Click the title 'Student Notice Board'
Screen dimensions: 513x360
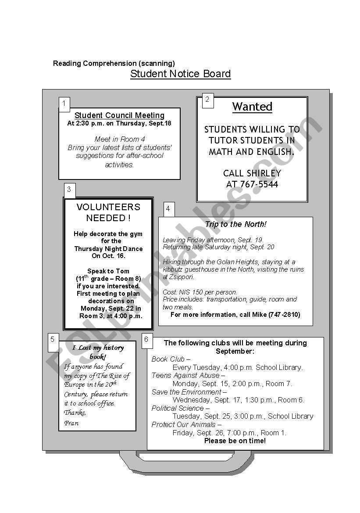180,74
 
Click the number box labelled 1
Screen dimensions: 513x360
64,104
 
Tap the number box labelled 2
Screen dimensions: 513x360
207,100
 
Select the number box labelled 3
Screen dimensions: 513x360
69,190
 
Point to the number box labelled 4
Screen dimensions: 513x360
168,209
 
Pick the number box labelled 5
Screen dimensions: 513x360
53,339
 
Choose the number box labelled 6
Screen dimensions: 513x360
146,339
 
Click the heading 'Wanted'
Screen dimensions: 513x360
252,107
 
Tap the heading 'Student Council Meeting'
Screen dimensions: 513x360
119,115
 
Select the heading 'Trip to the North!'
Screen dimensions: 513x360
235,224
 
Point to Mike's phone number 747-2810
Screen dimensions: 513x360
285,315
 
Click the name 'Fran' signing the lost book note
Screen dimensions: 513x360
71,423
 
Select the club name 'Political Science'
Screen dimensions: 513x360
178,408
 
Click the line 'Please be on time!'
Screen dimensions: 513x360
235,441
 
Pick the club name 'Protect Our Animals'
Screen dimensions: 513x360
184,424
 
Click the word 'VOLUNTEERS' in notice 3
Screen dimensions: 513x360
108,207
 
